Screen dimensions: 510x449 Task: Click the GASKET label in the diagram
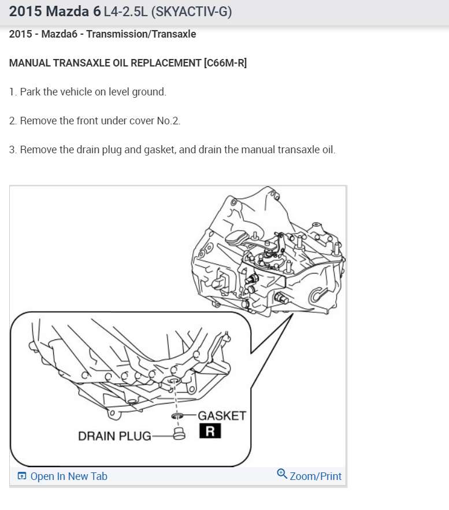pyautogui.click(x=222, y=416)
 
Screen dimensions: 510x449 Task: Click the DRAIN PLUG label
pyautogui.click(x=114, y=436)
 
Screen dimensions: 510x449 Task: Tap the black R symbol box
pyautogui.click(x=210, y=431)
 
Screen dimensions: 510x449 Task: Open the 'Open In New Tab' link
pyautogui.click(x=68, y=476)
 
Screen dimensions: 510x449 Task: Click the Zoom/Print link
pyautogui.click(x=316, y=476)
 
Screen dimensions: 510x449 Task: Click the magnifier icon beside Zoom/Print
pyautogui.click(x=282, y=474)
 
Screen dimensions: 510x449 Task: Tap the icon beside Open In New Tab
pyautogui.click(x=22, y=476)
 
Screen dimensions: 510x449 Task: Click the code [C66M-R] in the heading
pyautogui.click(x=225, y=62)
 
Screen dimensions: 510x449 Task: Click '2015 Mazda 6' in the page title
pyautogui.click(x=55, y=12)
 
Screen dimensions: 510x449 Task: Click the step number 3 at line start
pyautogui.click(x=12, y=150)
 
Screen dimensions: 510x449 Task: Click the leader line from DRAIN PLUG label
pyautogui.click(x=162, y=437)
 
